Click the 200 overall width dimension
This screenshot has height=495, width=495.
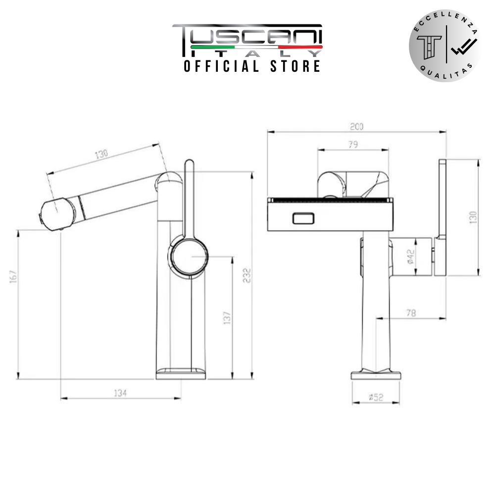coord(356,127)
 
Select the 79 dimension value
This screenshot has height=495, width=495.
coord(353,145)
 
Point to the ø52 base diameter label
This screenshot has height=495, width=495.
coord(376,397)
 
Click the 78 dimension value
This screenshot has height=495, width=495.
coord(410,313)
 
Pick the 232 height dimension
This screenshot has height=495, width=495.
coord(247,275)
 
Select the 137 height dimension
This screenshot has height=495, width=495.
coord(227,318)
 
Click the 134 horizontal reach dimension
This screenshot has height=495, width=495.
coord(120,393)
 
